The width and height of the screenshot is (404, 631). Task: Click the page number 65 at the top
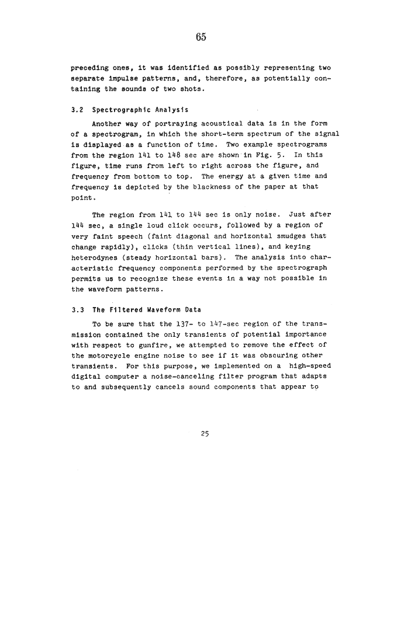(201, 37)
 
